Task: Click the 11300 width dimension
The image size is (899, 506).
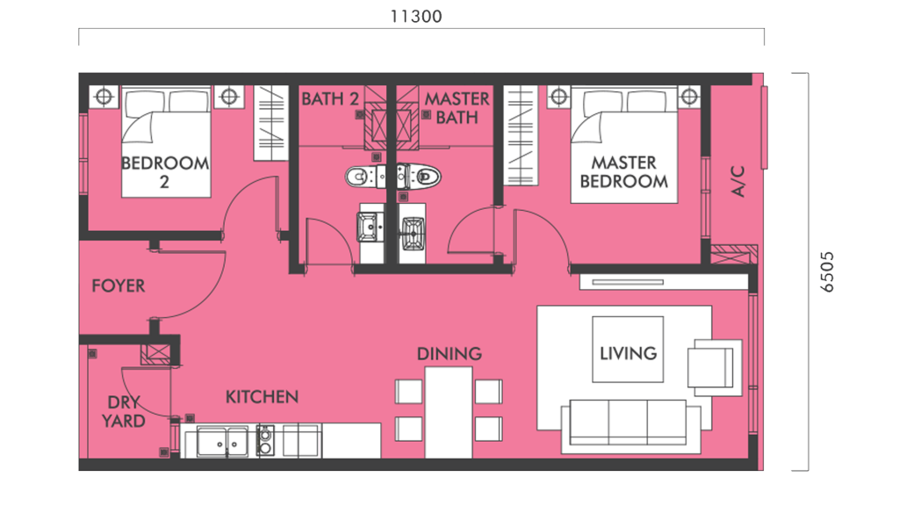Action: tap(418, 16)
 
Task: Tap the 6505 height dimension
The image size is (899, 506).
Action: tap(828, 272)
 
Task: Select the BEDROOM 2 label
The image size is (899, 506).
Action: tap(165, 172)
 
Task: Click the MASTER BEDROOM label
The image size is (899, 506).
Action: tap(623, 172)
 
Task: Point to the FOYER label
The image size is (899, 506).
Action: tap(119, 286)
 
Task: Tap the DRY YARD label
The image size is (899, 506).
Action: tap(123, 412)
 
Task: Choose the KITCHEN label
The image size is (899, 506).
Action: tap(262, 397)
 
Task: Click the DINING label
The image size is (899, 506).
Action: tap(449, 354)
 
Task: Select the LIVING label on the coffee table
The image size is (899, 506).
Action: tap(628, 353)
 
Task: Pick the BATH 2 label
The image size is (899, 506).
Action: tap(330, 98)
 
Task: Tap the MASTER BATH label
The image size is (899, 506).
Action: tap(457, 107)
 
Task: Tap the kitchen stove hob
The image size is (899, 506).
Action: tap(265, 439)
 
